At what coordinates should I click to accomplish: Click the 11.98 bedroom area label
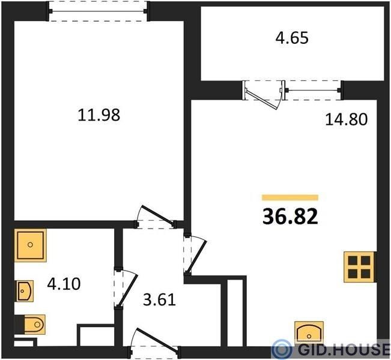pyautogui.click(x=99, y=115)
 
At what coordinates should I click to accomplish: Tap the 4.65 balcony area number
pyautogui.click(x=292, y=38)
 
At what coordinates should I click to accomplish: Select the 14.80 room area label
pyautogui.click(x=347, y=119)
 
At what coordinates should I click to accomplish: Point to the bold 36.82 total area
pyautogui.click(x=290, y=217)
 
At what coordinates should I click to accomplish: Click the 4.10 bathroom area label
pyautogui.click(x=64, y=284)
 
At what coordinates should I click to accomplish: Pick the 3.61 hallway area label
pyautogui.click(x=160, y=300)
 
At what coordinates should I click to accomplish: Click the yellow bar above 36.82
pyautogui.click(x=290, y=197)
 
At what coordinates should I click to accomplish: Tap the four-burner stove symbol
pyautogui.click(x=359, y=267)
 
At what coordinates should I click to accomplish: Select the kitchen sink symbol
pyautogui.click(x=309, y=332)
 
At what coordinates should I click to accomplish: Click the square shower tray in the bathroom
pyautogui.click(x=31, y=245)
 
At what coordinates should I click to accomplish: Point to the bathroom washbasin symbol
pyautogui.click(x=25, y=291)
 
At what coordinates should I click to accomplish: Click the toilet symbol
pyautogui.click(x=32, y=325)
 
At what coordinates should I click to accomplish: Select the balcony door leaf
pyautogui.click(x=261, y=100)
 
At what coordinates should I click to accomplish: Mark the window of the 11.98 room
pyautogui.click(x=99, y=11)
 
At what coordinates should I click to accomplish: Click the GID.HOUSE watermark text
pyautogui.click(x=344, y=349)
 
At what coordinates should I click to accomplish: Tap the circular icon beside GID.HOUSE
pyautogui.click(x=282, y=349)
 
